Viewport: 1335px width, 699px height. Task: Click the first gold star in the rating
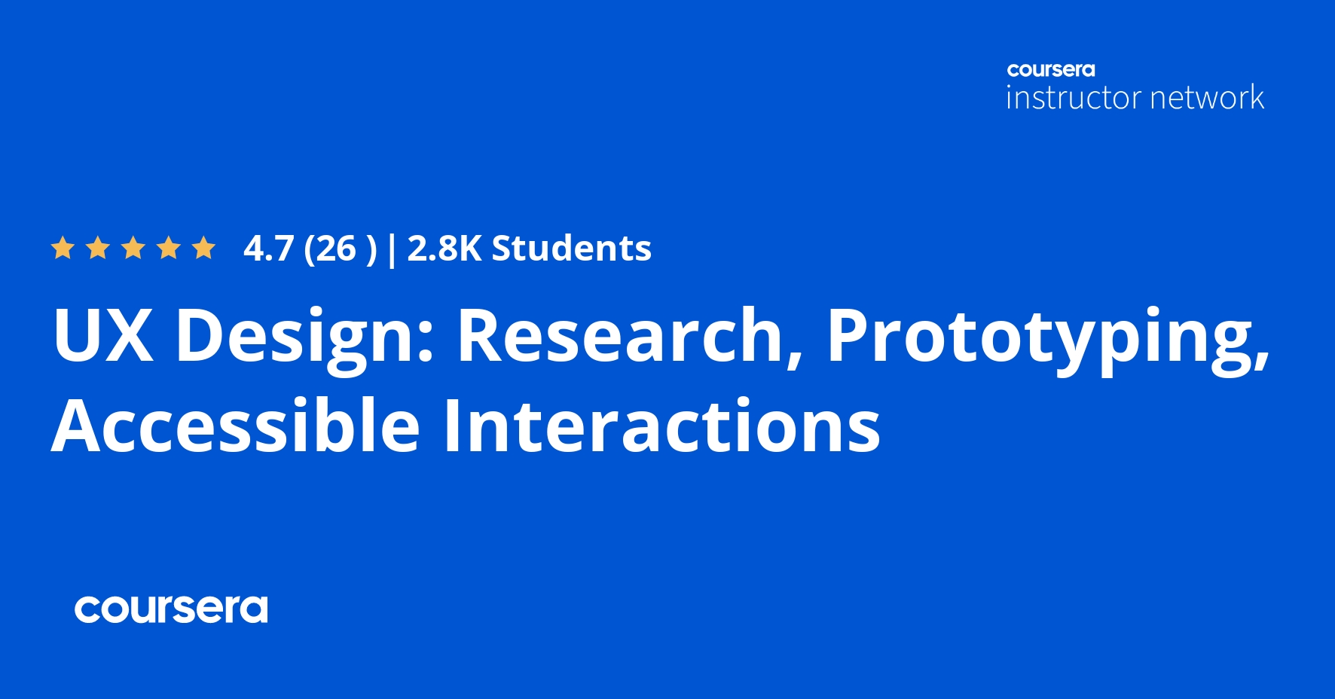coord(63,248)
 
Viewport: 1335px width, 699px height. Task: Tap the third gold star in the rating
coord(133,248)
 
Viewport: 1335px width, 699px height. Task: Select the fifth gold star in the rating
coord(203,248)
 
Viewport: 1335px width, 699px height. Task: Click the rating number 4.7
coord(268,249)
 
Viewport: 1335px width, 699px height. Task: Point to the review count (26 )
coord(340,249)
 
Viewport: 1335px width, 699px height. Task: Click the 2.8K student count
coord(444,249)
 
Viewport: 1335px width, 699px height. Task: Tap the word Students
coord(571,249)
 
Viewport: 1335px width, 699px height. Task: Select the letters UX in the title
coord(103,335)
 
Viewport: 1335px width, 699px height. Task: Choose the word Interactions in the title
coord(661,426)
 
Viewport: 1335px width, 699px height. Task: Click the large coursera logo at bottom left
coord(171,609)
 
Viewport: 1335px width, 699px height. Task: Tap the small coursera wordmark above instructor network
coord(1051,70)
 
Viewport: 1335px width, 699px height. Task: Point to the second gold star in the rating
coord(98,248)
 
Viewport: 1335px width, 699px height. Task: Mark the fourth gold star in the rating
coord(169,248)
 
